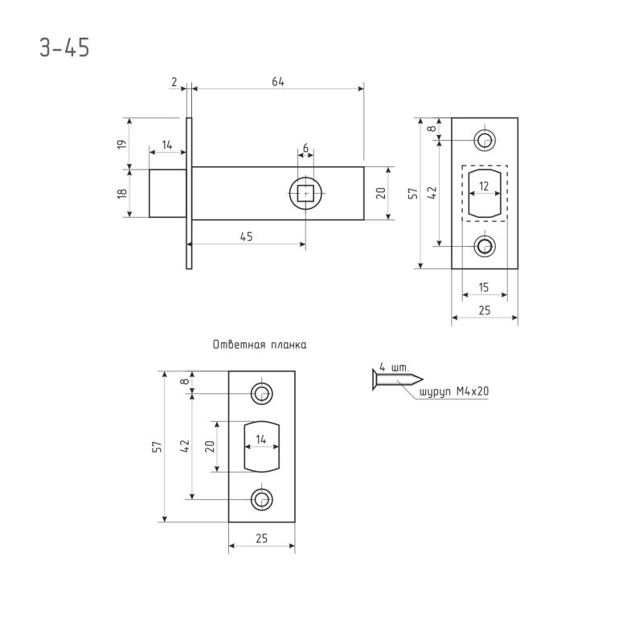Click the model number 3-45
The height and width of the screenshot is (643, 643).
[x=64, y=47]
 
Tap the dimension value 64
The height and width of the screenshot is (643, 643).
[x=278, y=82]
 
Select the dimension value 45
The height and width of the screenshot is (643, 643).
[x=247, y=236]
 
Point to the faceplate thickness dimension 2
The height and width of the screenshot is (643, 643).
[x=174, y=82]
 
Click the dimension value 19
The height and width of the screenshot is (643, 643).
[x=122, y=144]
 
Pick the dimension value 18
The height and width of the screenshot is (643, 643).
[x=122, y=193]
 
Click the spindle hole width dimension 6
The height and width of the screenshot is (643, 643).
[x=305, y=148]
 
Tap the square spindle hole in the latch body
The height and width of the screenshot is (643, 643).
[x=305, y=193]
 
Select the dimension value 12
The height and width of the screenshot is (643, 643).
[x=484, y=186]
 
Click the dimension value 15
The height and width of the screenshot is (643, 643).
[x=484, y=287]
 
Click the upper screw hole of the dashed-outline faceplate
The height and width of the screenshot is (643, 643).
[x=484, y=141]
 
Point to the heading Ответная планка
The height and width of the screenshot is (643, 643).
[x=260, y=345]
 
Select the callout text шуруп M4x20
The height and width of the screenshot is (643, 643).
[x=454, y=392]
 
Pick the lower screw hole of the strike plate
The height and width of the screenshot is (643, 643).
[x=261, y=499]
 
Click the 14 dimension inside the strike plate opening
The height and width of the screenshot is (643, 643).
[x=261, y=440]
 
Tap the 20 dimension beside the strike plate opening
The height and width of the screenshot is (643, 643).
[x=209, y=447]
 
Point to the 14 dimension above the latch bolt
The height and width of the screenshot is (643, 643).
[x=167, y=145]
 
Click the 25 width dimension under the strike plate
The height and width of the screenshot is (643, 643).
[x=261, y=539]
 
